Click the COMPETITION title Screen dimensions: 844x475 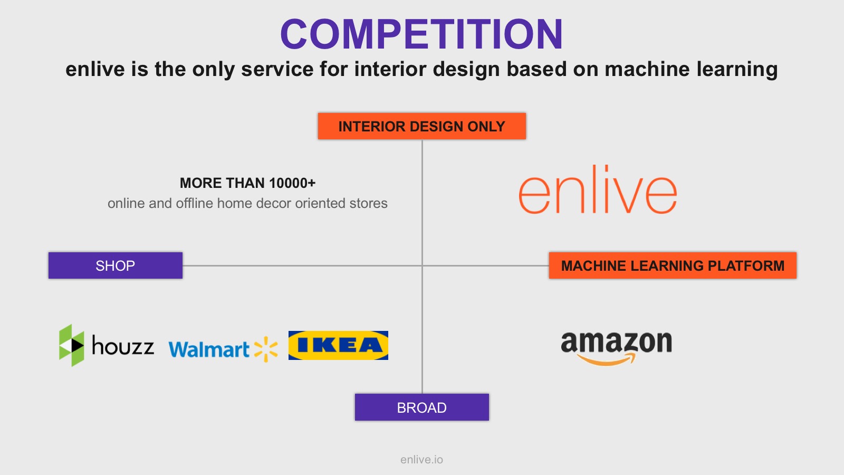[x=421, y=34]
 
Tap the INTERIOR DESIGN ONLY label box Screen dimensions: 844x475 [x=421, y=126]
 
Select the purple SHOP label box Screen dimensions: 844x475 [x=116, y=265]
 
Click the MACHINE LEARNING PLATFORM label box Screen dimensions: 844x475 [x=673, y=265]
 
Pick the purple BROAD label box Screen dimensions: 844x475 [x=421, y=407]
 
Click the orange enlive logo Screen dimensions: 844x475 [x=598, y=189]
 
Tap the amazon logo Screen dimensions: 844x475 [x=617, y=348]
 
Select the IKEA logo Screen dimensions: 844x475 [x=338, y=345]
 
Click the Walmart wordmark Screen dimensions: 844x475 [x=209, y=349]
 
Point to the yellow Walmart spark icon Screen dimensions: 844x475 [x=266, y=349]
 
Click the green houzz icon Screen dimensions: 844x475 [x=72, y=345]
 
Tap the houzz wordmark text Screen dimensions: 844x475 [x=123, y=345]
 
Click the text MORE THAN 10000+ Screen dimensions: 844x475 [x=247, y=183]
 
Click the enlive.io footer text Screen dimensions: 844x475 [x=421, y=460]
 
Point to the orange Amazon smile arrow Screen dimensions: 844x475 [x=606, y=359]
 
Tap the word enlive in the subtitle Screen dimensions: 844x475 [x=95, y=69]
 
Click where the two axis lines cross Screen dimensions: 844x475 [x=422, y=265]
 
